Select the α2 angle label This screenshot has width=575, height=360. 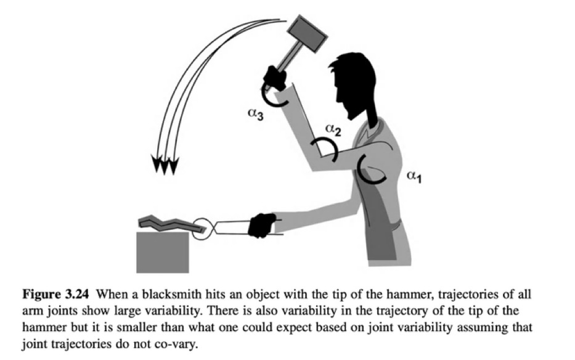pyautogui.click(x=333, y=129)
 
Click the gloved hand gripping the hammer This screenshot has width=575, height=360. pyautogui.click(x=274, y=78)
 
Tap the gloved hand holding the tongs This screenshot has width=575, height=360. pyautogui.click(x=261, y=225)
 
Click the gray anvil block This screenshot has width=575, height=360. pyautogui.click(x=163, y=251)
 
